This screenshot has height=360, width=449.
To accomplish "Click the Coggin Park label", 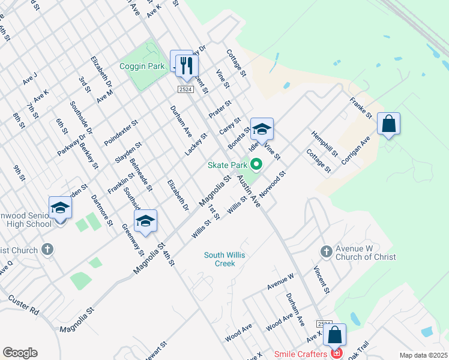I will point(142,66).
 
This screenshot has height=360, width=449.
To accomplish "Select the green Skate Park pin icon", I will point(256,163).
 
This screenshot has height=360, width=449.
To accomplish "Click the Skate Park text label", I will point(228,165).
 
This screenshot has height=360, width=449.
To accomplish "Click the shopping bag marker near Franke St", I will point(388,124).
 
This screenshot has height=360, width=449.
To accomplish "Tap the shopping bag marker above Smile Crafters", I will point(335,336).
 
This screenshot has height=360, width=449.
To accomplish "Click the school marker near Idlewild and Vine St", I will point(262,130).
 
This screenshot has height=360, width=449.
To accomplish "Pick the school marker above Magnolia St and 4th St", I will point(145,221).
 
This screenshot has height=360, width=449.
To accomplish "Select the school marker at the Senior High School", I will point(60,208).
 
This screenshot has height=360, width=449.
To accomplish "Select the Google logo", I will point(20,353).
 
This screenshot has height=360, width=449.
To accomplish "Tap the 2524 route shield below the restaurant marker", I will point(185,89).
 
